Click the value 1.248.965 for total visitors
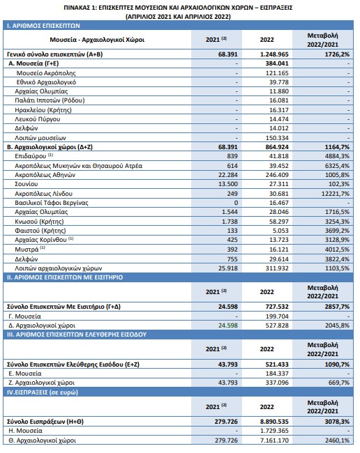coord(274,54)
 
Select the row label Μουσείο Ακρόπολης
coord(46,72)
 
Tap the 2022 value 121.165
coord(277,72)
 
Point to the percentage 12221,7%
coord(336,193)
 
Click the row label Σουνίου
coord(27,184)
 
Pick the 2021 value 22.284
coord(228,175)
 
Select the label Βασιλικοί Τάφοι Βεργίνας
coord(52,203)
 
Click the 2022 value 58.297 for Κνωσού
coord(279,222)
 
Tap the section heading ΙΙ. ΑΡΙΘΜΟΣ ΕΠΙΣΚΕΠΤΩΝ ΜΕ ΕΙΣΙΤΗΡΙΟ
coord(65,277)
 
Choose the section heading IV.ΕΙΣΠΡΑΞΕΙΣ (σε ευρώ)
coord(43,392)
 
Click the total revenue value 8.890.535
coord(274,422)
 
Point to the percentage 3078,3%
coord(337,422)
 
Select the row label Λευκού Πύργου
coord(37,118)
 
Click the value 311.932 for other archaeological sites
coord(277,268)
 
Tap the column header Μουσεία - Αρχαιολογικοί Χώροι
coord(97,40)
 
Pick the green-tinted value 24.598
coord(228,325)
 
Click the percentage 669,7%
coord(339,383)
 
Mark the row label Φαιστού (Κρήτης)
coord(40,231)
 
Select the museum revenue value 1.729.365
coord(274,431)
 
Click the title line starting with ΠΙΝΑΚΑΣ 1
coord(178,8)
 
